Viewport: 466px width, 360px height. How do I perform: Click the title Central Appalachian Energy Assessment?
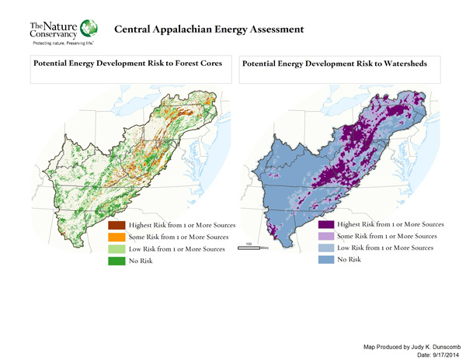(x=209, y=30)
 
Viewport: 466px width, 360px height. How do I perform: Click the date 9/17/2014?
(x=436, y=354)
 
